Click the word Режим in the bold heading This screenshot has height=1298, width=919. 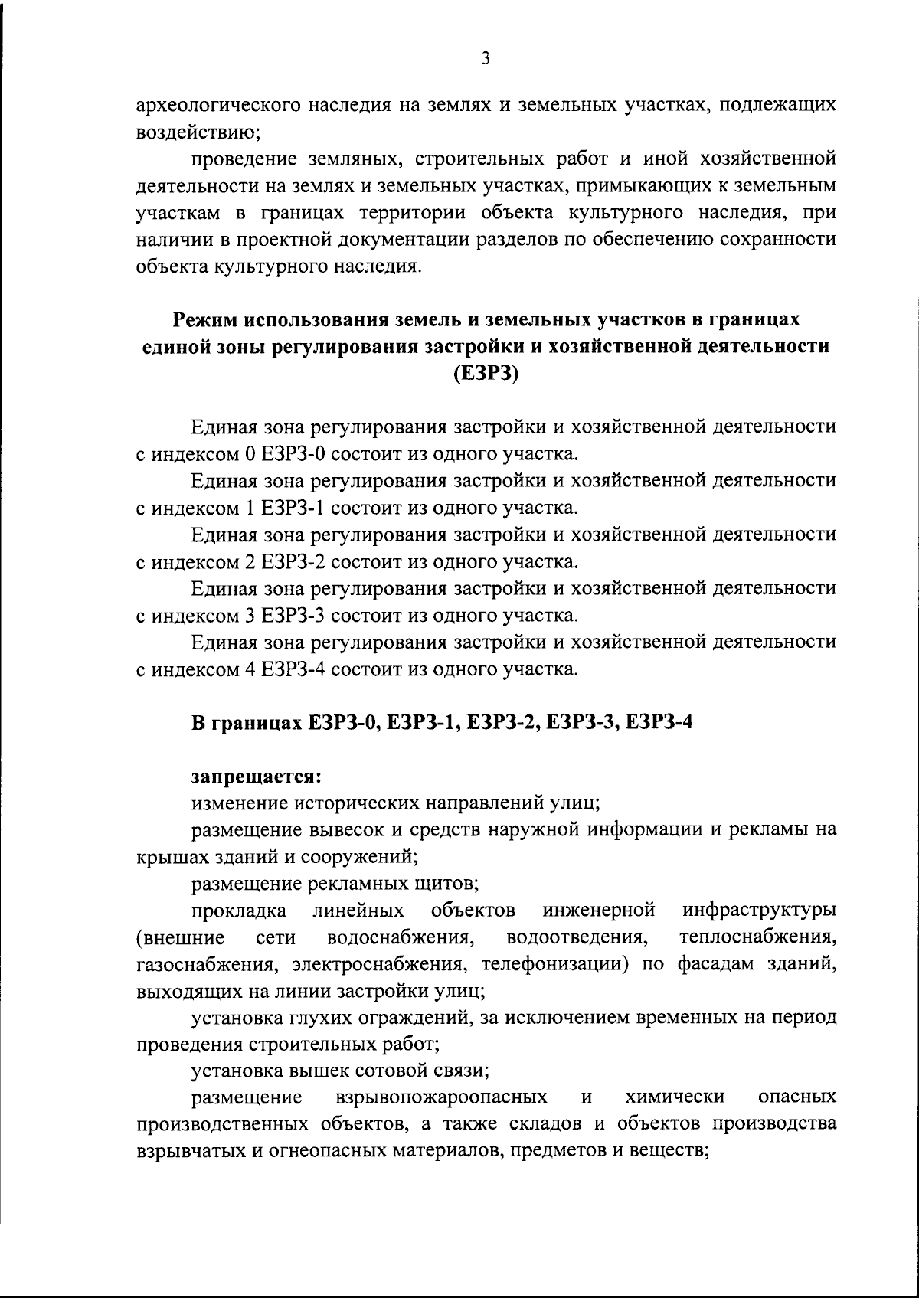click(204, 320)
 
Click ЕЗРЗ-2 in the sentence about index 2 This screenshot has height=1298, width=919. click(293, 562)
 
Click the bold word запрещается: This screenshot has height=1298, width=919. click(255, 776)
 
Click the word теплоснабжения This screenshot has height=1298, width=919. click(757, 937)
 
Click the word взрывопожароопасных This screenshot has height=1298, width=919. click(441, 1097)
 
